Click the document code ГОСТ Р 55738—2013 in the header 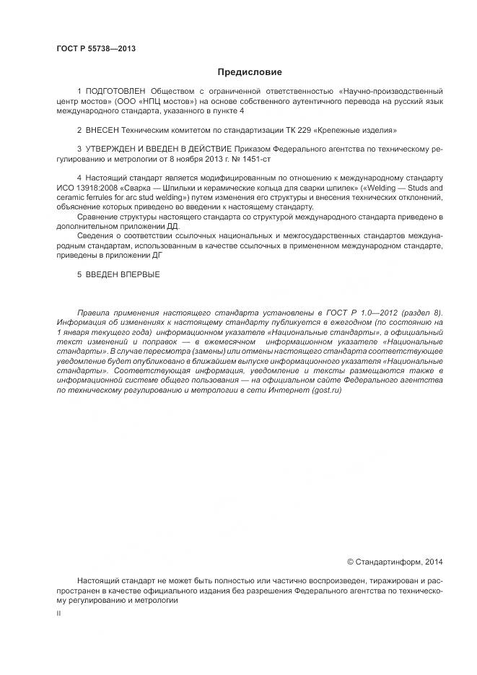pyautogui.click(x=95, y=49)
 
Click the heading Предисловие pyautogui.click(x=250, y=72)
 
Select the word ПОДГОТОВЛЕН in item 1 pyautogui.click(x=114, y=92)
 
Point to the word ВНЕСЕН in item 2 pyautogui.click(x=103, y=131)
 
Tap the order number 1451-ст pyautogui.click(x=258, y=158)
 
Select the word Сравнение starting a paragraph pyautogui.click(x=98, y=217)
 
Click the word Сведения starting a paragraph pyautogui.click(x=96, y=236)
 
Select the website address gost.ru pyautogui.click(x=325, y=390)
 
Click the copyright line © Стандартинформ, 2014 pyautogui.click(x=395, y=560)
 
